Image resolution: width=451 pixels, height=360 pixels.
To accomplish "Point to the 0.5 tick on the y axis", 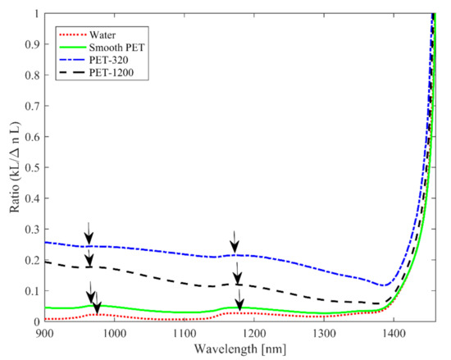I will click(x=31, y=168).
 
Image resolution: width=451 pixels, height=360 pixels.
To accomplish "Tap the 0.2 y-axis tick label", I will click(x=31, y=261).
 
